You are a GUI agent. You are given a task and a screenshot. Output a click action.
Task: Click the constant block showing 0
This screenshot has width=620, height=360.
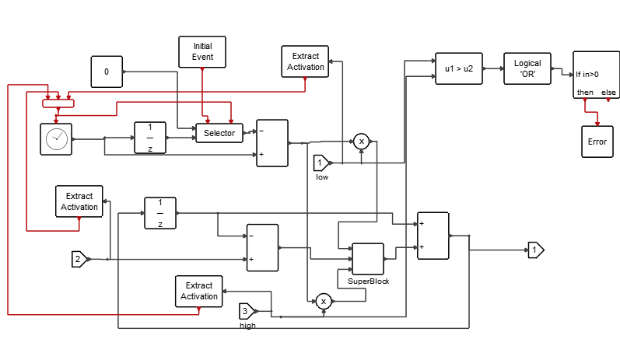tap(107, 72)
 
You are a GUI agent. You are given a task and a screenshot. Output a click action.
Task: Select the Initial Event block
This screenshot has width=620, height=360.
tap(202, 51)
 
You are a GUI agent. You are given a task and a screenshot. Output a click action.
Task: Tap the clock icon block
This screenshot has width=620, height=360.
tap(56, 138)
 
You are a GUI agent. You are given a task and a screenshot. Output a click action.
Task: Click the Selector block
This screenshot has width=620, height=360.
tap(219, 133)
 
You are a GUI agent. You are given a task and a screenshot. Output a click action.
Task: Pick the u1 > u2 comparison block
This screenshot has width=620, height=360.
tap(458, 68)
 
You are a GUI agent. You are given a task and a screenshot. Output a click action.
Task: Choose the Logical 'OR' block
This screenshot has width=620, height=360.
tap(527, 68)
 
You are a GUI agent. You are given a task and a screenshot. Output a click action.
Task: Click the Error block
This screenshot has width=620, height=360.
tap(597, 142)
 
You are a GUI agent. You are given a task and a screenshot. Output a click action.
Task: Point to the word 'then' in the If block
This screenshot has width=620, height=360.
tap(584, 93)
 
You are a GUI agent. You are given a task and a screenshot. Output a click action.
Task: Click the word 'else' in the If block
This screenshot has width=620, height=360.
tap(608, 93)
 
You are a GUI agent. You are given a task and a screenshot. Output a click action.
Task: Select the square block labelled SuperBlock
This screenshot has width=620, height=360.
tap(368, 258)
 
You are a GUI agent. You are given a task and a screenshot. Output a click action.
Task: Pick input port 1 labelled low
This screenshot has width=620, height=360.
tap(321, 163)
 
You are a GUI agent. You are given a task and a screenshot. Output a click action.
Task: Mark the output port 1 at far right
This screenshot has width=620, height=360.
tap(536, 250)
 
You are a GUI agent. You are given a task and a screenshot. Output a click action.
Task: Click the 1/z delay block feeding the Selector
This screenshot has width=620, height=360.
tap(149, 138)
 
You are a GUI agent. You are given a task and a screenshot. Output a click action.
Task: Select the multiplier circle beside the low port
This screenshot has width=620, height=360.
tap(361, 141)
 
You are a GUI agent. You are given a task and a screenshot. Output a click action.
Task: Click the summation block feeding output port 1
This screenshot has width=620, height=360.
tap(433, 235)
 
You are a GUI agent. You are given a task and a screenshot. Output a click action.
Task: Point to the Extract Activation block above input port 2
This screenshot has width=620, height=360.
tap(79, 201)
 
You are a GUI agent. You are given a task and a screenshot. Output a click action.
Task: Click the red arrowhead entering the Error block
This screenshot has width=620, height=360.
tap(597, 122)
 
